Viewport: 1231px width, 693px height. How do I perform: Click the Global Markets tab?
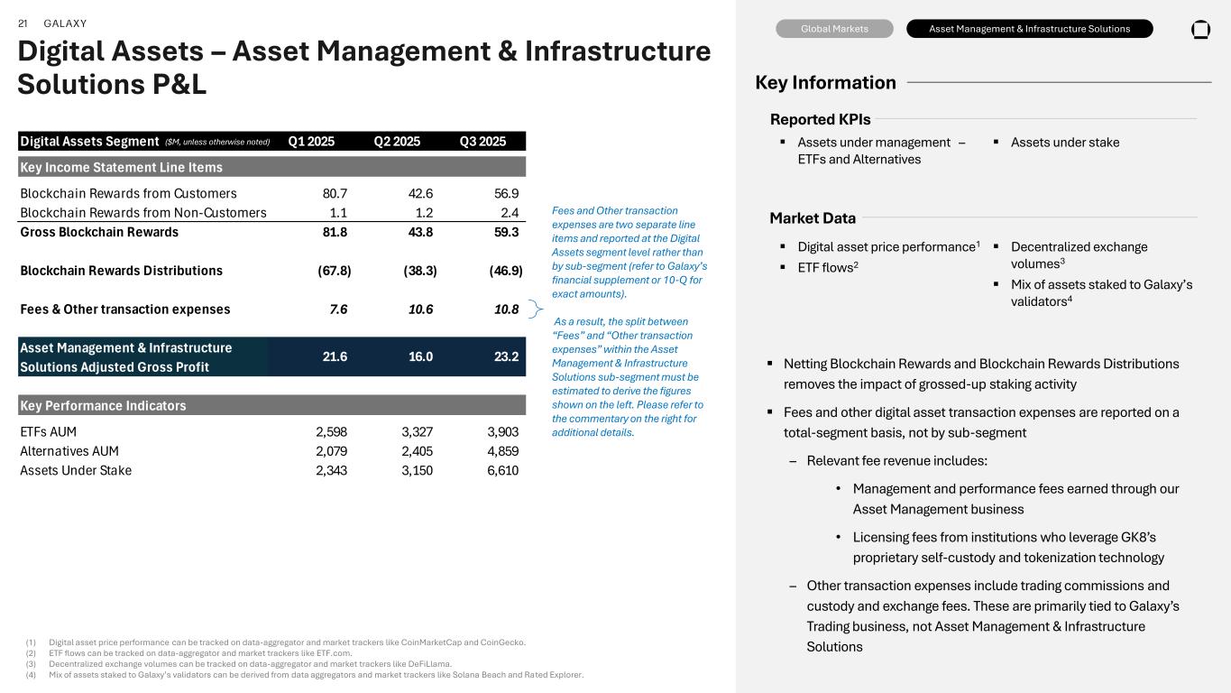(x=834, y=29)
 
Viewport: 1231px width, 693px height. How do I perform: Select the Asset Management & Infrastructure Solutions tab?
(x=1029, y=29)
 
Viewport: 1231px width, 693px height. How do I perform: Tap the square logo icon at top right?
(x=1200, y=29)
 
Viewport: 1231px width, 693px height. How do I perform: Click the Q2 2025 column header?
(x=397, y=141)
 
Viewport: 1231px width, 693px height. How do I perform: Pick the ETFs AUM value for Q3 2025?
(x=502, y=432)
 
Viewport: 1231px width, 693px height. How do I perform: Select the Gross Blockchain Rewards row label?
(x=99, y=232)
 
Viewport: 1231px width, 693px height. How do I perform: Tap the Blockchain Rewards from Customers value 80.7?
(x=335, y=193)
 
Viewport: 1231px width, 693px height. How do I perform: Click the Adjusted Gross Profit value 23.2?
(x=506, y=356)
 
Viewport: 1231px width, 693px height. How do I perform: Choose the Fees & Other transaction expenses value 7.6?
(x=338, y=310)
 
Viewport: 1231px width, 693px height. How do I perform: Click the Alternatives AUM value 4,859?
(x=502, y=451)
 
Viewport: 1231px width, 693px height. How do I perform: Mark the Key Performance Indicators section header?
(x=103, y=405)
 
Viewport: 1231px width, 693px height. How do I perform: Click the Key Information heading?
(x=825, y=83)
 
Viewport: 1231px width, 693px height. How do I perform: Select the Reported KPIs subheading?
(x=820, y=120)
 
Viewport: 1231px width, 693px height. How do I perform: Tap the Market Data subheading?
(x=813, y=218)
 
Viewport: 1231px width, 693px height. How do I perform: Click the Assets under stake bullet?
(x=1065, y=142)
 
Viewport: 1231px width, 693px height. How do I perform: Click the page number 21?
(x=23, y=23)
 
